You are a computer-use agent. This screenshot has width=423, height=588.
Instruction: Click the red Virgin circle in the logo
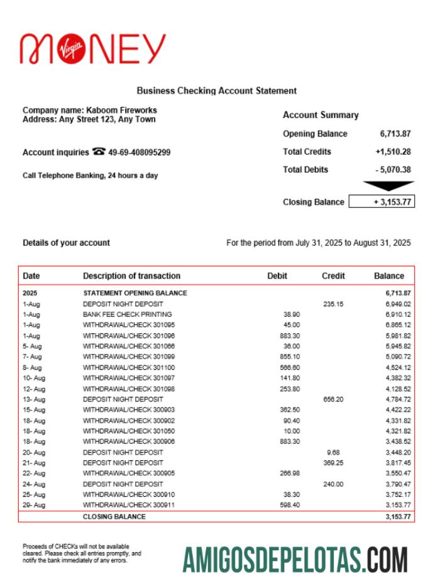[x=70, y=49]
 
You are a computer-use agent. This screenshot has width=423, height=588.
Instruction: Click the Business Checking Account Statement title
[x=217, y=91]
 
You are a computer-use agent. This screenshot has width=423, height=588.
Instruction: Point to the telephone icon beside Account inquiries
[x=99, y=152]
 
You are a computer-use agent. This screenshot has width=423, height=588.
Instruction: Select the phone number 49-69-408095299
[x=140, y=152]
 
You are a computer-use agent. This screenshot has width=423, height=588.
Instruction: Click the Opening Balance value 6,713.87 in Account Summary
[x=395, y=134]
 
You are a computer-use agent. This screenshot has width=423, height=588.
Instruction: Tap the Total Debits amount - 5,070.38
[x=393, y=169]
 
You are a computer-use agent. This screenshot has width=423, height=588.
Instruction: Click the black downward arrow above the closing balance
[x=388, y=186]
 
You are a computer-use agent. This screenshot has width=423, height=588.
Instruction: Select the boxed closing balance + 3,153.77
[x=382, y=202]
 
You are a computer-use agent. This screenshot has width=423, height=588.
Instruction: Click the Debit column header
[x=277, y=275]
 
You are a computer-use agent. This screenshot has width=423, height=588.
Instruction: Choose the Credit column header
[x=333, y=275]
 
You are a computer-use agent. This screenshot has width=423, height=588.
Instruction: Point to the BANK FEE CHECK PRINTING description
[x=128, y=314]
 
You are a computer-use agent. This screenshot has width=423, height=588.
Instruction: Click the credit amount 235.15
[x=333, y=304]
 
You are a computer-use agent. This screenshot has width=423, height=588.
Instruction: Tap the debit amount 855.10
[x=290, y=357]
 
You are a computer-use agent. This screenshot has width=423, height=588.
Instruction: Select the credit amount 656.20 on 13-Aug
[x=333, y=399]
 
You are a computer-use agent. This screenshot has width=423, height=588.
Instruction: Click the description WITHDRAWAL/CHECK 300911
[x=129, y=505]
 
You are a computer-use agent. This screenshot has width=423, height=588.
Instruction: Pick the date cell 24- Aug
[x=34, y=484]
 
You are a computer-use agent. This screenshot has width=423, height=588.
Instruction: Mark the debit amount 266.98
[x=290, y=474]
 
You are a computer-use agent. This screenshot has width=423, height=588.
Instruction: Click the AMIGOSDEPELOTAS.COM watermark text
[x=295, y=558]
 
